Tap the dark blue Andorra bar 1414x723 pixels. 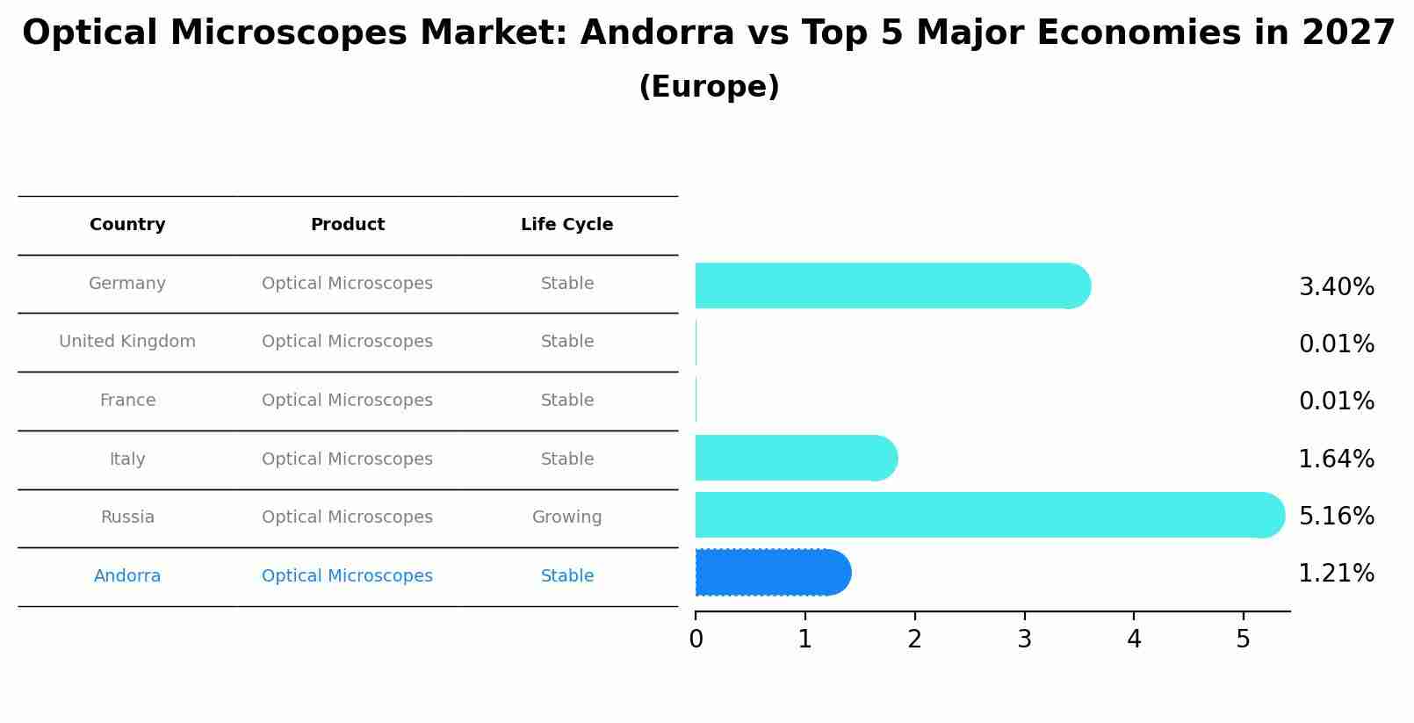click(772, 573)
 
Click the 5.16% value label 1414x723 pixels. click(1336, 516)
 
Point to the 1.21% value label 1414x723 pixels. click(1336, 574)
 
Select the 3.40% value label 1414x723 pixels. click(1336, 287)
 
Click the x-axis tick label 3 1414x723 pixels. click(1024, 640)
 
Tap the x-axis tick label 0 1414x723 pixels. click(696, 640)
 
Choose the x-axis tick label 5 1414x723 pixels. click(1243, 640)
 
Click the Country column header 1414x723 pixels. click(127, 225)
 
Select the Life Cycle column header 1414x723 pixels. click(566, 225)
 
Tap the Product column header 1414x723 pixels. click(348, 225)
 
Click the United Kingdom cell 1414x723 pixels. click(127, 342)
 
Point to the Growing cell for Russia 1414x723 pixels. click(566, 517)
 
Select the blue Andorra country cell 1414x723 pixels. click(127, 576)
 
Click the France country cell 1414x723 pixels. click(127, 401)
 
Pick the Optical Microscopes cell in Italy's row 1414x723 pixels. click(347, 459)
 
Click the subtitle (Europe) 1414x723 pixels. click(709, 87)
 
